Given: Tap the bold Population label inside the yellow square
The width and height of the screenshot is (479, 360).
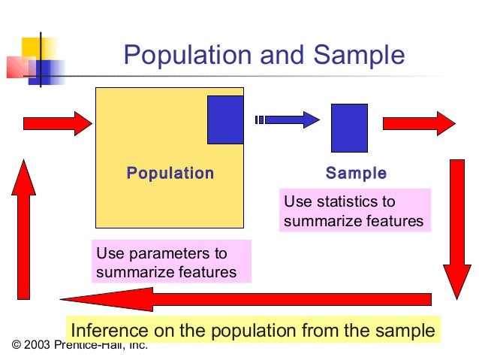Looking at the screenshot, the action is [x=170, y=174].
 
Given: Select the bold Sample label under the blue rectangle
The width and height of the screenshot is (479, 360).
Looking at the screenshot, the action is [x=356, y=174].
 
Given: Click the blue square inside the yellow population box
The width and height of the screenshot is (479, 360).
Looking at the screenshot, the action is [x=225, y=119].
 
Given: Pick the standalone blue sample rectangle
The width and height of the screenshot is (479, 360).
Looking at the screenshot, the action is [x=349, y=128].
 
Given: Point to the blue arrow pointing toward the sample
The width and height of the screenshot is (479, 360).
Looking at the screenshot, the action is [x=289, y=119].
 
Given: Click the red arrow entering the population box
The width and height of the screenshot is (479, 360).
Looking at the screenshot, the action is [x=57, y=123].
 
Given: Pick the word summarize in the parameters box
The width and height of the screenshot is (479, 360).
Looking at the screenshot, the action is [x=132, y=272].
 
